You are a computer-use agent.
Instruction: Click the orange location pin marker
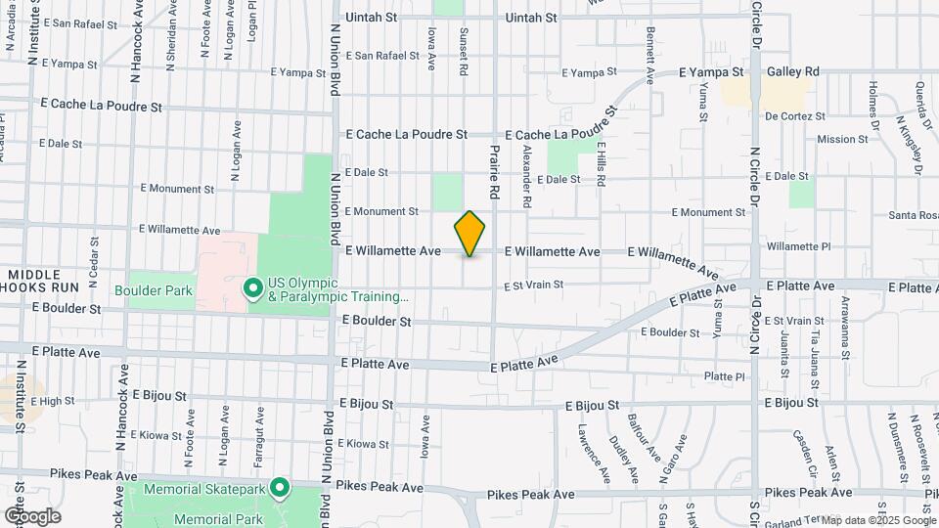click(469, 234)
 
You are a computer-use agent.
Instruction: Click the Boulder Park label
click(154, 290)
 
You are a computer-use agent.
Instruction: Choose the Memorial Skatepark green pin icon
click(280, 487)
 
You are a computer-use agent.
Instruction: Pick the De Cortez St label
click(796, 115)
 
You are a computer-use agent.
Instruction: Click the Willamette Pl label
click(798, 246)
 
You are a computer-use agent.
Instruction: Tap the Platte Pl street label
click(725, 376)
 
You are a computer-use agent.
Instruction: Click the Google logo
click(31, 516)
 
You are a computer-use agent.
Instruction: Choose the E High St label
click(53, 401)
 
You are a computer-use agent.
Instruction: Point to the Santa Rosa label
click(914, 215)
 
